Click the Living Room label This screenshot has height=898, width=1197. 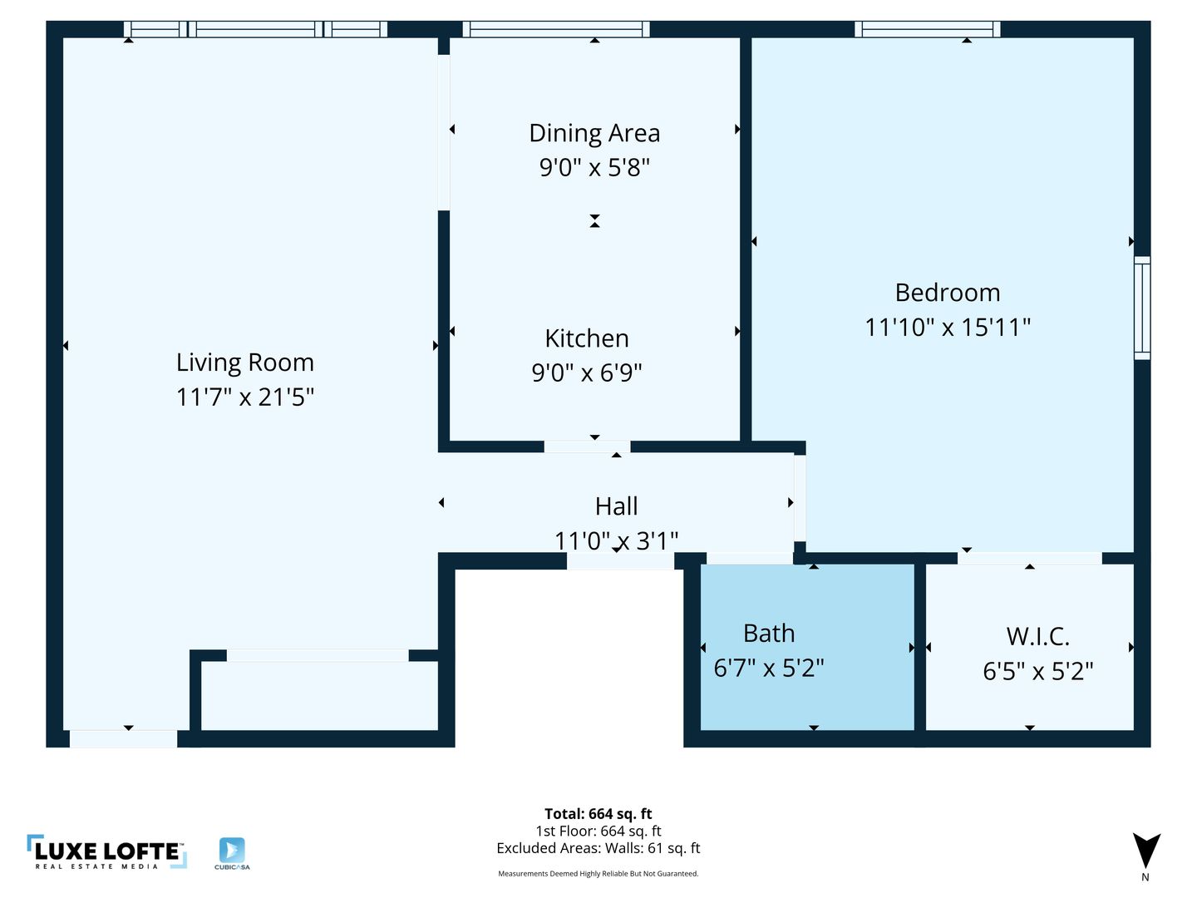245,363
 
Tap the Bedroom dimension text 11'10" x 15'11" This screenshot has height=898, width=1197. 948,328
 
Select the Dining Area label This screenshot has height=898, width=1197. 594,134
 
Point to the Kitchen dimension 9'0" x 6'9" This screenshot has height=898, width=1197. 586,373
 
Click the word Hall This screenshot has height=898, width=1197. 616,506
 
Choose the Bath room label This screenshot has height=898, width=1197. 768,634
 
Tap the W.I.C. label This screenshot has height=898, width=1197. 1037,637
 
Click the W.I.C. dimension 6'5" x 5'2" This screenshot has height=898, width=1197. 1037,671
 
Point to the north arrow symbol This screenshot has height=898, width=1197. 1145,850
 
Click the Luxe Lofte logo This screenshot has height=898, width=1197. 107,852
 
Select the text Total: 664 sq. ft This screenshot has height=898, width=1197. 598,814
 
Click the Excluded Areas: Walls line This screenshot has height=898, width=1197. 598,848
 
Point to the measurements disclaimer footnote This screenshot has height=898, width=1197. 598,873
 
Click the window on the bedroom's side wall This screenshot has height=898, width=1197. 1142,308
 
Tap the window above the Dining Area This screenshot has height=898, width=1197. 556,29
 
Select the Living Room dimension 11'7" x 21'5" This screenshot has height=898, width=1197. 245,397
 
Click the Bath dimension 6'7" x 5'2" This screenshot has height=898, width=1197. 768,669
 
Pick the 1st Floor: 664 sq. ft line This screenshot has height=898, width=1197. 598,831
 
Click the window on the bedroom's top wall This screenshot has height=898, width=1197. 927,29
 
